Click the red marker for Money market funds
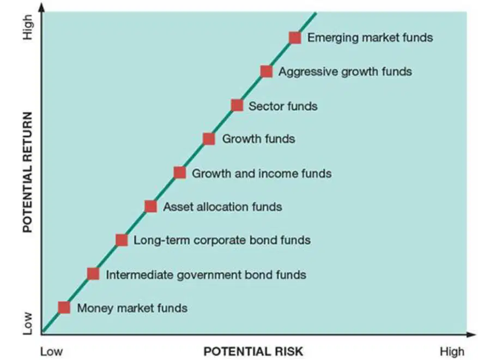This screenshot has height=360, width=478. tap(64, 308)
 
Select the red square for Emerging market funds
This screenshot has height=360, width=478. tap(295, 38)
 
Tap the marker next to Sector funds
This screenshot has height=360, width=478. tap(237, 106)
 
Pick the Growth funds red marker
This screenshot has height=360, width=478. tap(209, 139)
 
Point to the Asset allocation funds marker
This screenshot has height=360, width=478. tap(151, 207)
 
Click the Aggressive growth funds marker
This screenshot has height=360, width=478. tap(267, 71)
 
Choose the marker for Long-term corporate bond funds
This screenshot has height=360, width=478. tap(122, 240)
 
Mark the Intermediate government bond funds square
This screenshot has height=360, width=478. tap(93, 274)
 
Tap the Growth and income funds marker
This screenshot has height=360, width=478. tap(180, 173)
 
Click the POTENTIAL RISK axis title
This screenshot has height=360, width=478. tap(253, 351)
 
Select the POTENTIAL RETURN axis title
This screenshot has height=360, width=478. tap(27, 172)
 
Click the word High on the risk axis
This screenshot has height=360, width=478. tap(452, 352)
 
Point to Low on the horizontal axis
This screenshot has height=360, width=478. tap(52, 351)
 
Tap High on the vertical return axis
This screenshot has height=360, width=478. tap(28, 27)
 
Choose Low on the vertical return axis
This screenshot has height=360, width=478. tap(28, 323)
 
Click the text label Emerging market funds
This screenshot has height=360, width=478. tap(370, 38)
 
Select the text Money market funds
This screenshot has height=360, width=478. tap(132, 308)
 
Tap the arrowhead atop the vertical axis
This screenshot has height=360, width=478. tap(42, 7)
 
